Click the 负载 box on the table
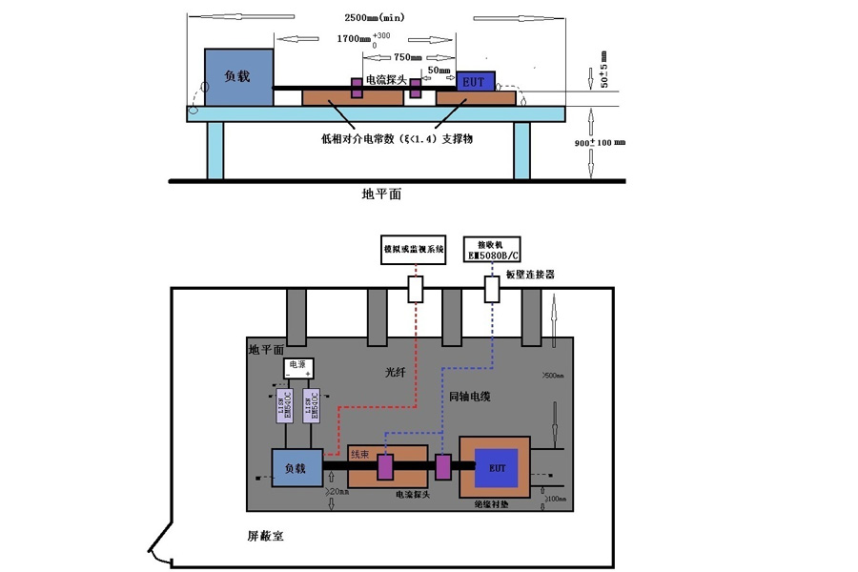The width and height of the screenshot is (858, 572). coord(238,76)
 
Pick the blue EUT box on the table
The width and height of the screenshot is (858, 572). coord(475,82)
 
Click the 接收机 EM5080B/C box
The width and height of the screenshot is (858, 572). coord(493,249)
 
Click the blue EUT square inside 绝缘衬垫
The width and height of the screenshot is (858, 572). coord(497,468)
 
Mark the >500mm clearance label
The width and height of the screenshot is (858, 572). coord(553,375)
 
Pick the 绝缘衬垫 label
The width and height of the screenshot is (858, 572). coord(492,505)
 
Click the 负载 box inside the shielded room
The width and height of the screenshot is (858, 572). coord(295,468)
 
